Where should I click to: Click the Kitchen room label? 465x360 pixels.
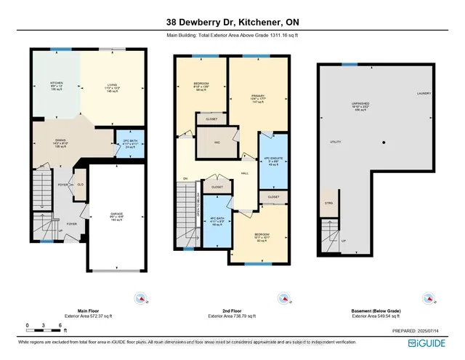pyautogui.click(x=57, y=87)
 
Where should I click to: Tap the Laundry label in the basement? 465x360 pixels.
pyautogui.click(x=424, y=95)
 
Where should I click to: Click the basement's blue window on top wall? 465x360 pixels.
pyautogui.click(x=349, y=65)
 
